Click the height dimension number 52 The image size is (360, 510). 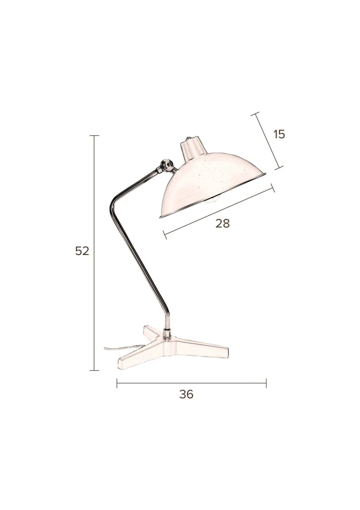(x=82, y=251)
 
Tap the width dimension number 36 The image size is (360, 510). (x=186, y=394)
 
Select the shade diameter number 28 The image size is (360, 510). (x=223, y=223)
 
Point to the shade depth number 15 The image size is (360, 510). (x=279, y=134)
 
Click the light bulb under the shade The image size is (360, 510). (x=212, y=199)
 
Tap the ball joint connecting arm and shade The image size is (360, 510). (x=167, y=165)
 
